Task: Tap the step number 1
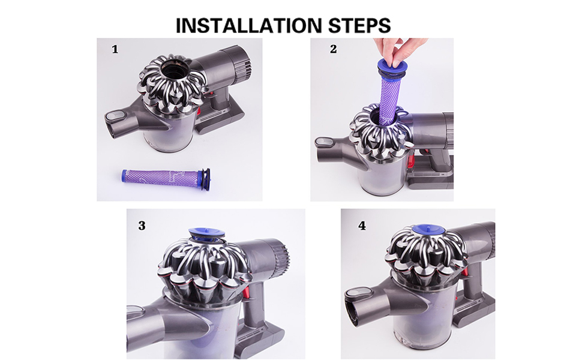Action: [x=115, y=50]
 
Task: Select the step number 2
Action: [x=334, y=49]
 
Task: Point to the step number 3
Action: [x=142, y=226]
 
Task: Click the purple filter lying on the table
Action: [x=156, y=175]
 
